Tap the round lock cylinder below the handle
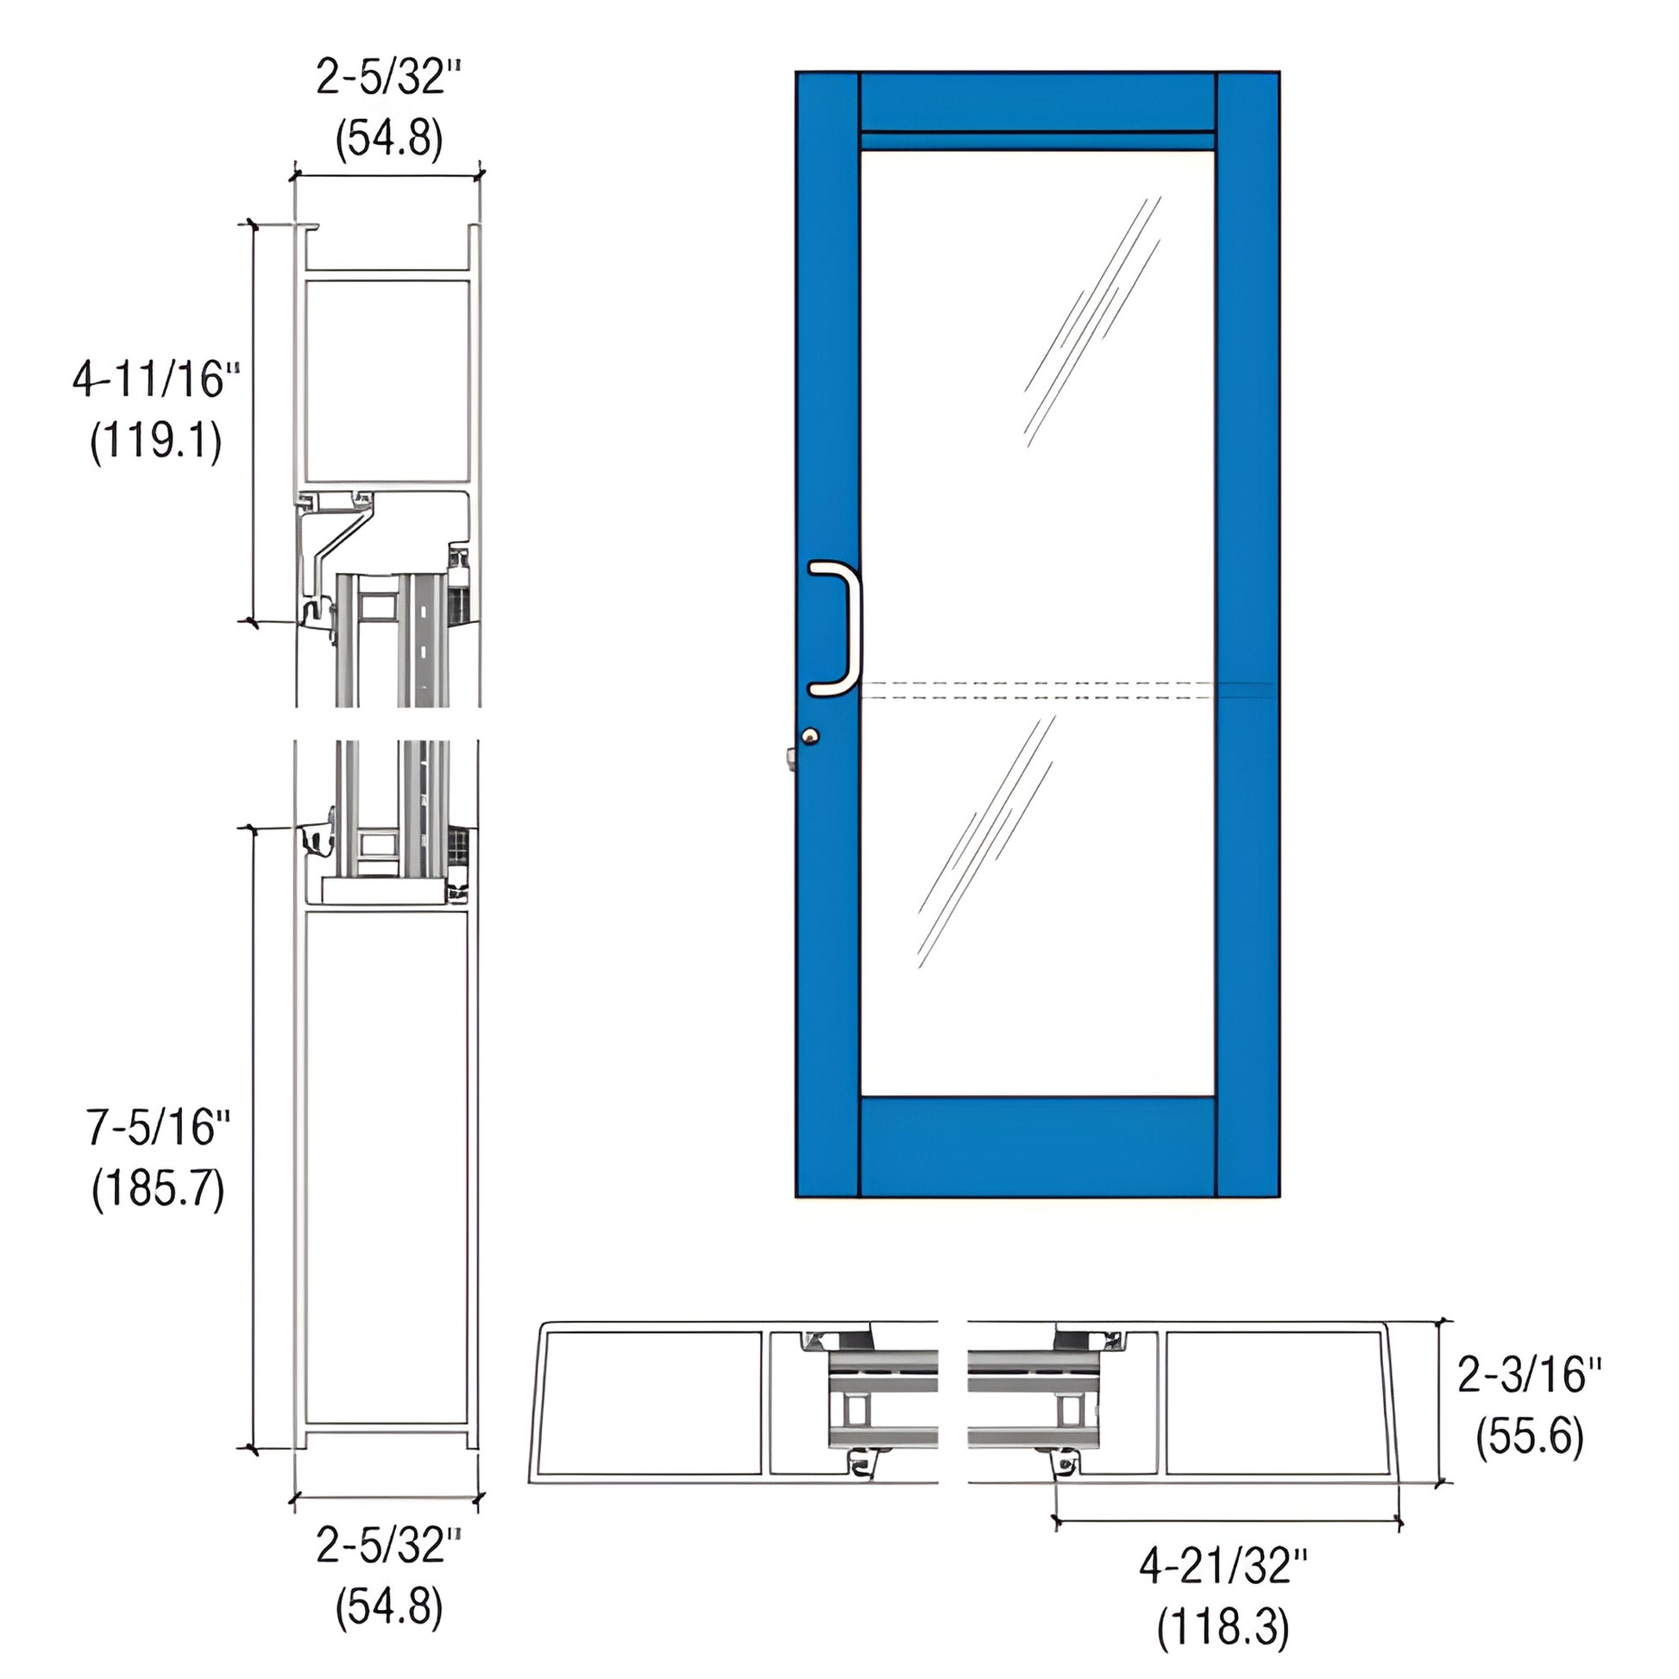pyautogui.click(x=810, y=737)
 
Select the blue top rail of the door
pyautogui.click(x=1037, y=101)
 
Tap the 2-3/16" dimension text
pyautogui.click(x=1529, y=1375)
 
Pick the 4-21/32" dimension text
pyautogui.click(x=1223, y=1567)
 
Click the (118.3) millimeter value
pyautogui.click(x=1223, y=1627)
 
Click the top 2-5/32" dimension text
pyautogui.click(x=387, y=79)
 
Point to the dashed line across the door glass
pyautogui.click(x=1037, y=689)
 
